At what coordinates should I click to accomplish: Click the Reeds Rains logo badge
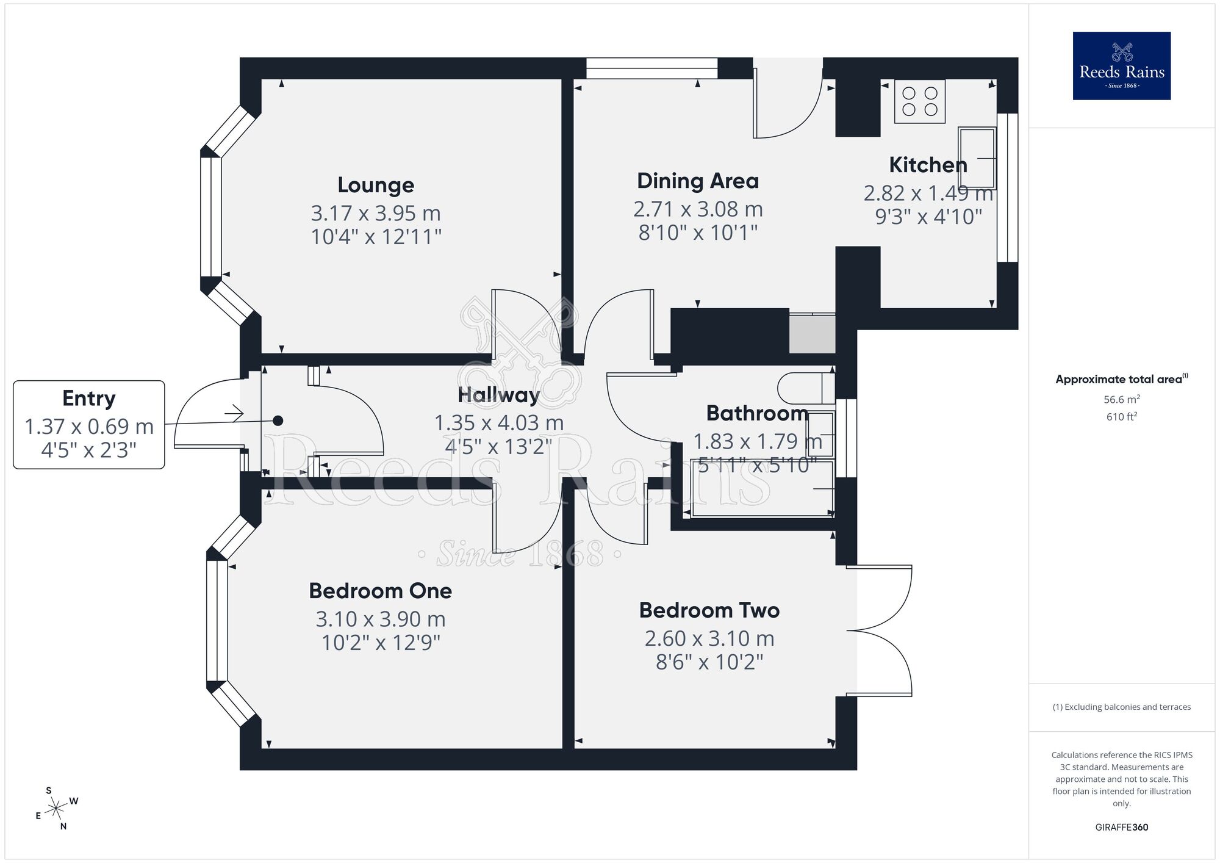pos(1121,66)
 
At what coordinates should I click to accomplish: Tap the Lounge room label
pos(376,185)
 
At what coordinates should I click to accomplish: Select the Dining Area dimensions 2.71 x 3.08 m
pos(698,209)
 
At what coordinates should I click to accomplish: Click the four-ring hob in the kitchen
pos(920,101)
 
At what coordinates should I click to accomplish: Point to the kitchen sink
pos(977,157)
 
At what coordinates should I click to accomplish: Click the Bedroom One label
pos(380,591)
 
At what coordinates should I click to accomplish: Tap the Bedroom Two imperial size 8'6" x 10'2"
pos(709,662)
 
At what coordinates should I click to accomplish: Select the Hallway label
pos(499,395)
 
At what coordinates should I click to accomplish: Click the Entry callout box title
pos(89,399)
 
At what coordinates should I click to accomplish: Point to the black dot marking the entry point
pos(278,421)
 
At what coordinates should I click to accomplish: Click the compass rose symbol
pos(56,809)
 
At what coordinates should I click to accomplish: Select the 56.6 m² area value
pos(1121,400)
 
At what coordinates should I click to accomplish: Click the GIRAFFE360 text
pos(1121,828)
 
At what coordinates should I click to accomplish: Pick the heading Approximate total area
pos(1119,380)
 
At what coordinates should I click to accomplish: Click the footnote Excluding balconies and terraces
pos(1121,707)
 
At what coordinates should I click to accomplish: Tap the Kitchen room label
pos(928,165)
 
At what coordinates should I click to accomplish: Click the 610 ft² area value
pos(1121,417)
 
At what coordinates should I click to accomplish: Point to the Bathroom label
pos(757,413)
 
